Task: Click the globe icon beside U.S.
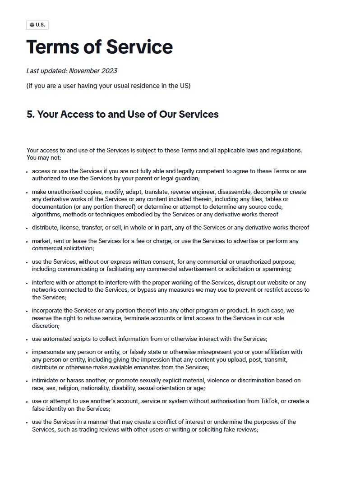tap(32, 25)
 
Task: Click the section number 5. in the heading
tap(30, 114)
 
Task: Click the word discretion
tap(46, 326)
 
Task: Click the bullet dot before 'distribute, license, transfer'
tap(28, 228)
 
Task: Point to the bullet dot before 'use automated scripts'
tap(28, 340)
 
